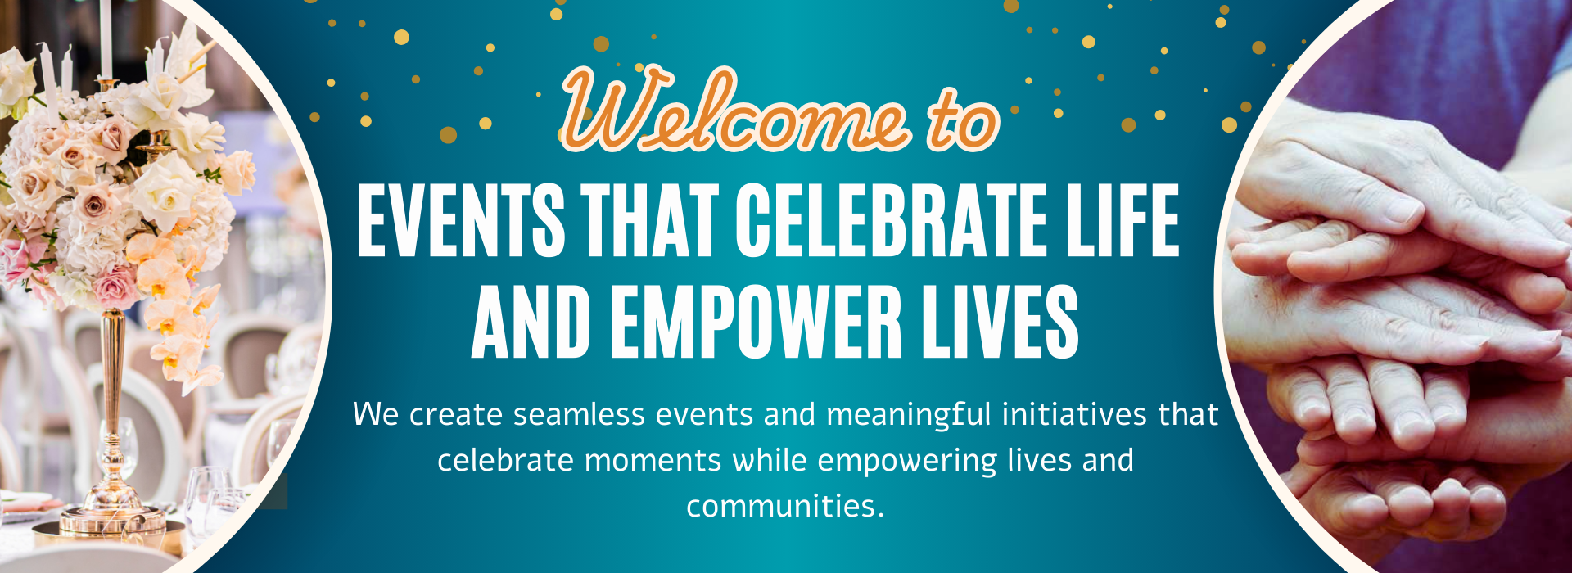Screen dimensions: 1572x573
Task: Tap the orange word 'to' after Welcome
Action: (964, 120)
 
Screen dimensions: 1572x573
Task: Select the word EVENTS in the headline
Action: (461, 219)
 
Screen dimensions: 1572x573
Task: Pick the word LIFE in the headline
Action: (1123, 219)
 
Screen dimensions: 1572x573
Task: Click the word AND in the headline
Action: (531, 322)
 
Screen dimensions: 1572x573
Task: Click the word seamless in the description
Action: (580, 414)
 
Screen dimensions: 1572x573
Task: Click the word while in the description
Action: (770, 460)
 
